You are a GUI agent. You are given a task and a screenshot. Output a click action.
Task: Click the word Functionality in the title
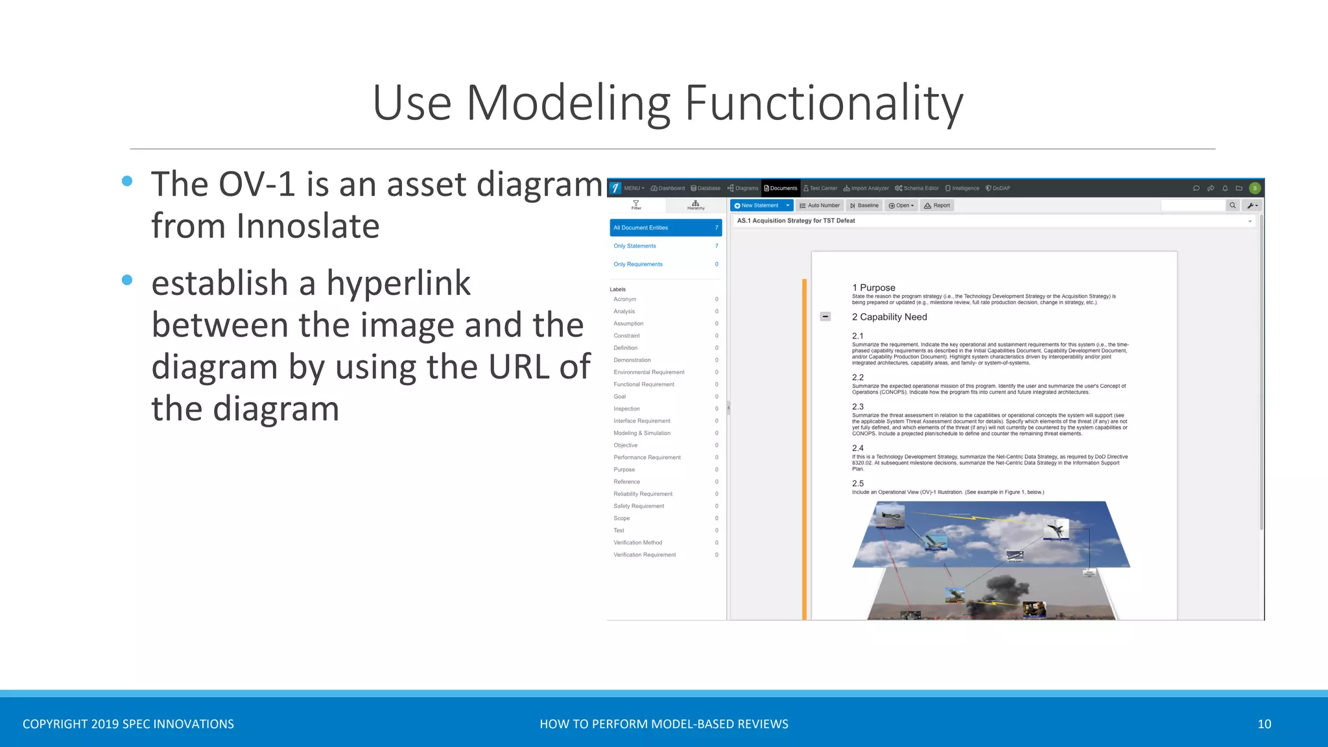point(824,104)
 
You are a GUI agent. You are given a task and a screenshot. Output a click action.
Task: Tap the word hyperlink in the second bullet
point(398,283)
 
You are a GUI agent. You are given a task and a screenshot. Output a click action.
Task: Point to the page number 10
point(1264,724)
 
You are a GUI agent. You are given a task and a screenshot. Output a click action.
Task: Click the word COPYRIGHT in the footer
point(54,724)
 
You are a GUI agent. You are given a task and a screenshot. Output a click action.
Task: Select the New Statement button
point(756,206)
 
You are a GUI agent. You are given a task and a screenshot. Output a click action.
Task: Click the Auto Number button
point(820,206)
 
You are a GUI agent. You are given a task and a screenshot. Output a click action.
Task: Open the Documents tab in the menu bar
point(781,189)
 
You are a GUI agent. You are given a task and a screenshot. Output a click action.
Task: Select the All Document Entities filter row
point(665,228)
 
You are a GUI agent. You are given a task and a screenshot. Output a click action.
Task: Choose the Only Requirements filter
point(638,265)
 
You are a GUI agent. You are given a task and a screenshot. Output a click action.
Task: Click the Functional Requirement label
point(644,385)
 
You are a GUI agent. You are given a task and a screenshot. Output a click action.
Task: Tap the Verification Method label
point(638,543)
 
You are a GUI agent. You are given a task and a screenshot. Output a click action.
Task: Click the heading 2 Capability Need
point(889,317)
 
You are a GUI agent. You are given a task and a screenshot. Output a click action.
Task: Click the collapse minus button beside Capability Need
point(825,316)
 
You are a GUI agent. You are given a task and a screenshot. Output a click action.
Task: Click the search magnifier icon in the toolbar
point(1232,206)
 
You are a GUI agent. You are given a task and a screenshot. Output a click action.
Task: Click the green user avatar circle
point(1255,189)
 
